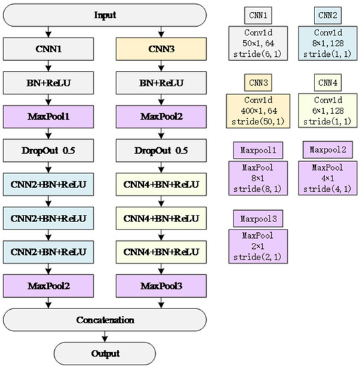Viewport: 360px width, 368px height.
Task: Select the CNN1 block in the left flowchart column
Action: tap(48, 48)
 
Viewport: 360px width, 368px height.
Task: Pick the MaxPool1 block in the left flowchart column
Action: tap(48, 118)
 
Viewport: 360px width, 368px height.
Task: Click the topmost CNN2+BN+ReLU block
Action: tap(48, 182)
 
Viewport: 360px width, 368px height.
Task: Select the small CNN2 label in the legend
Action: tap(328, 14)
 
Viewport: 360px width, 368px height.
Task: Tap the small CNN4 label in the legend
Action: tap(328, 83)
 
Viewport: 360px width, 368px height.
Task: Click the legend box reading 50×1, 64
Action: tap(259, 41)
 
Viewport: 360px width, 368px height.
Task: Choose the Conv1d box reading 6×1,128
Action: tap(328, 111)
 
